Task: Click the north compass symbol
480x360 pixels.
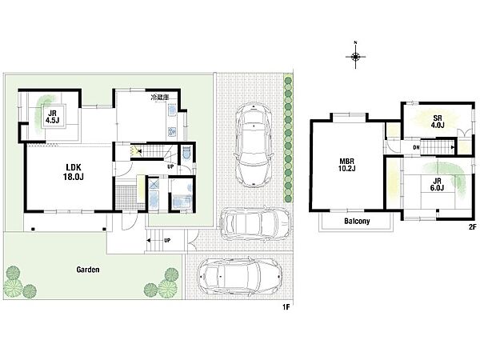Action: coord(355,56)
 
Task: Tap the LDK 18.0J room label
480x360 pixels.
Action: coord(74,172)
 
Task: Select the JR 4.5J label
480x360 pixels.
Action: coord(52,117)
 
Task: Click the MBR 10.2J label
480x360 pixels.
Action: coord(347,165)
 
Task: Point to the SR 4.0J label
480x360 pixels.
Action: coord(438,122)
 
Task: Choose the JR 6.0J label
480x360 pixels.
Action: coord(437,185)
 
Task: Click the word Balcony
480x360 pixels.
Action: coord(357,221)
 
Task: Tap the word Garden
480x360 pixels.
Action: coord(88,270)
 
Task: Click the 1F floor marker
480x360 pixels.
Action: coord(286,307)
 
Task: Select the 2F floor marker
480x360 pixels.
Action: coord(472,227)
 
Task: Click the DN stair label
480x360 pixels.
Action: coord(416,147)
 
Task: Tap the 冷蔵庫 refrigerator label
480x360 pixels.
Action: coord(159,98)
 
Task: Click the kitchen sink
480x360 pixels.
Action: coord(172,110)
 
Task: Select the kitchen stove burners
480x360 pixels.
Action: coord(171,132)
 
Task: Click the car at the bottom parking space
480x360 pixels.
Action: coord(240,277)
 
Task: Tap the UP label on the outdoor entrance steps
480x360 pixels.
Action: coord(167,240)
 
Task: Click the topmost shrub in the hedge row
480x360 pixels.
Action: coord(288,81)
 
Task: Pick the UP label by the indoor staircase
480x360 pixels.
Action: coord(170,166)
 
